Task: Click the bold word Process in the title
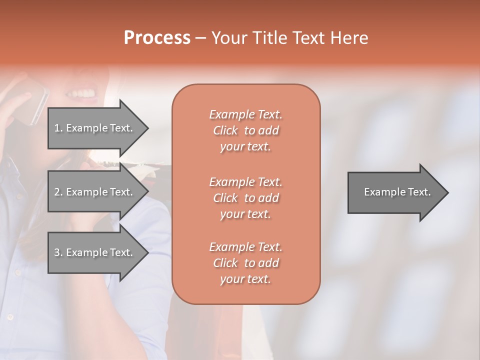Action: tap(157, 38)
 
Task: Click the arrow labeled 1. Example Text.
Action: tap(95, 128)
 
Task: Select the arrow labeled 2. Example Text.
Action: tap(95, 192)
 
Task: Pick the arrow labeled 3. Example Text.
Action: tap(95, 252)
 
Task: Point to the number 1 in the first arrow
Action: tap(57, 128)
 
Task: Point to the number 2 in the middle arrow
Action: tap(57, 192)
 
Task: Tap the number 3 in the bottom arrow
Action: tap(57, 252)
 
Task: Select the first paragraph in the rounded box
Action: tap(245, 130)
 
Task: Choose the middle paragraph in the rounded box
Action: tap(245, 198)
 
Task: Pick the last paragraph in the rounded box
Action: tap(245, 263)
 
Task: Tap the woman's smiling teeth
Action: tap(84, 93)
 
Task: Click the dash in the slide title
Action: tap(200, 38)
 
